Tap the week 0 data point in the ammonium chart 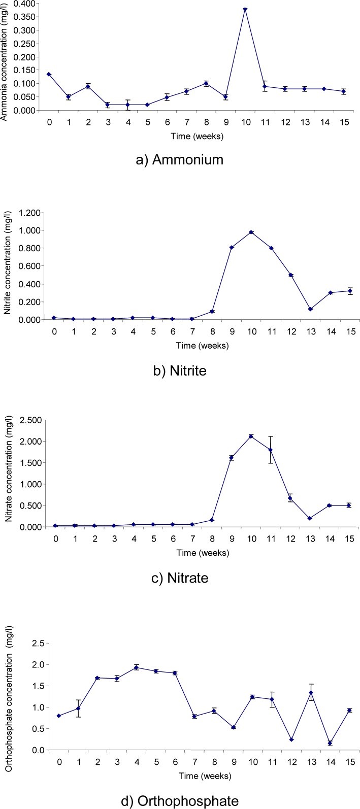coord(49,74)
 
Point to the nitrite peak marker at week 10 coord(251,232)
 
